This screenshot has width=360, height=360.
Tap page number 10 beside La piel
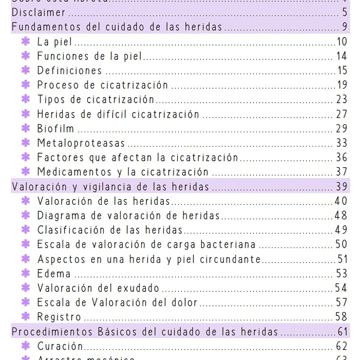342,42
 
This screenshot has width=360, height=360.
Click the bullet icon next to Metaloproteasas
26,143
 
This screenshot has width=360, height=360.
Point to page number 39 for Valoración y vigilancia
341,187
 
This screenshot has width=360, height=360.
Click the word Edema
54,274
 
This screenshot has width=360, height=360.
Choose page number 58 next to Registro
341,317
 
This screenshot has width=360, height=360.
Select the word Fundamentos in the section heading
41,27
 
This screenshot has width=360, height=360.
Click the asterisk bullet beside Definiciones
26,71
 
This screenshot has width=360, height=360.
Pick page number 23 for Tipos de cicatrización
341,100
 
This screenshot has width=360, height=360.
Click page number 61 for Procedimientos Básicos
342,331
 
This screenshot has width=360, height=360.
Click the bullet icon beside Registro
26,317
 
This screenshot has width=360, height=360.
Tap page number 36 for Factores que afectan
341,158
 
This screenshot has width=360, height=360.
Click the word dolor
185,302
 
